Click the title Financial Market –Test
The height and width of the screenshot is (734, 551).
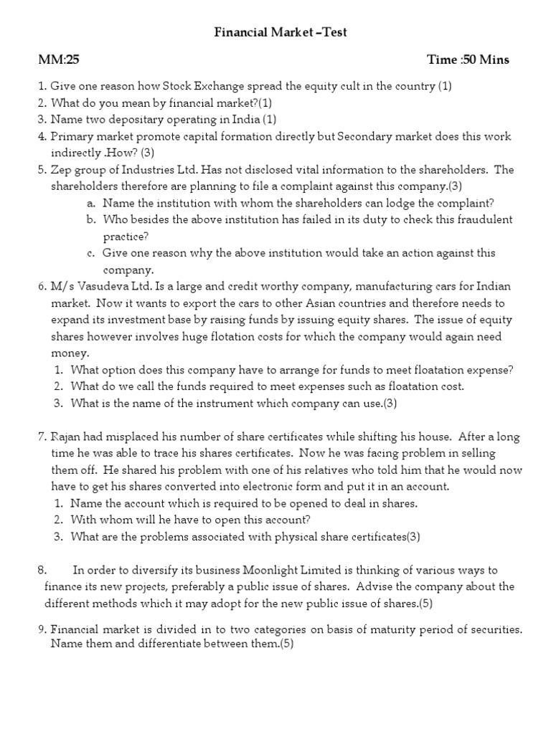coord(281,32)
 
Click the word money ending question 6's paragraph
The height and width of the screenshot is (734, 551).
coord(68,353)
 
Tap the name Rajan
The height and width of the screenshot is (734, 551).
coord(66,437)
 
